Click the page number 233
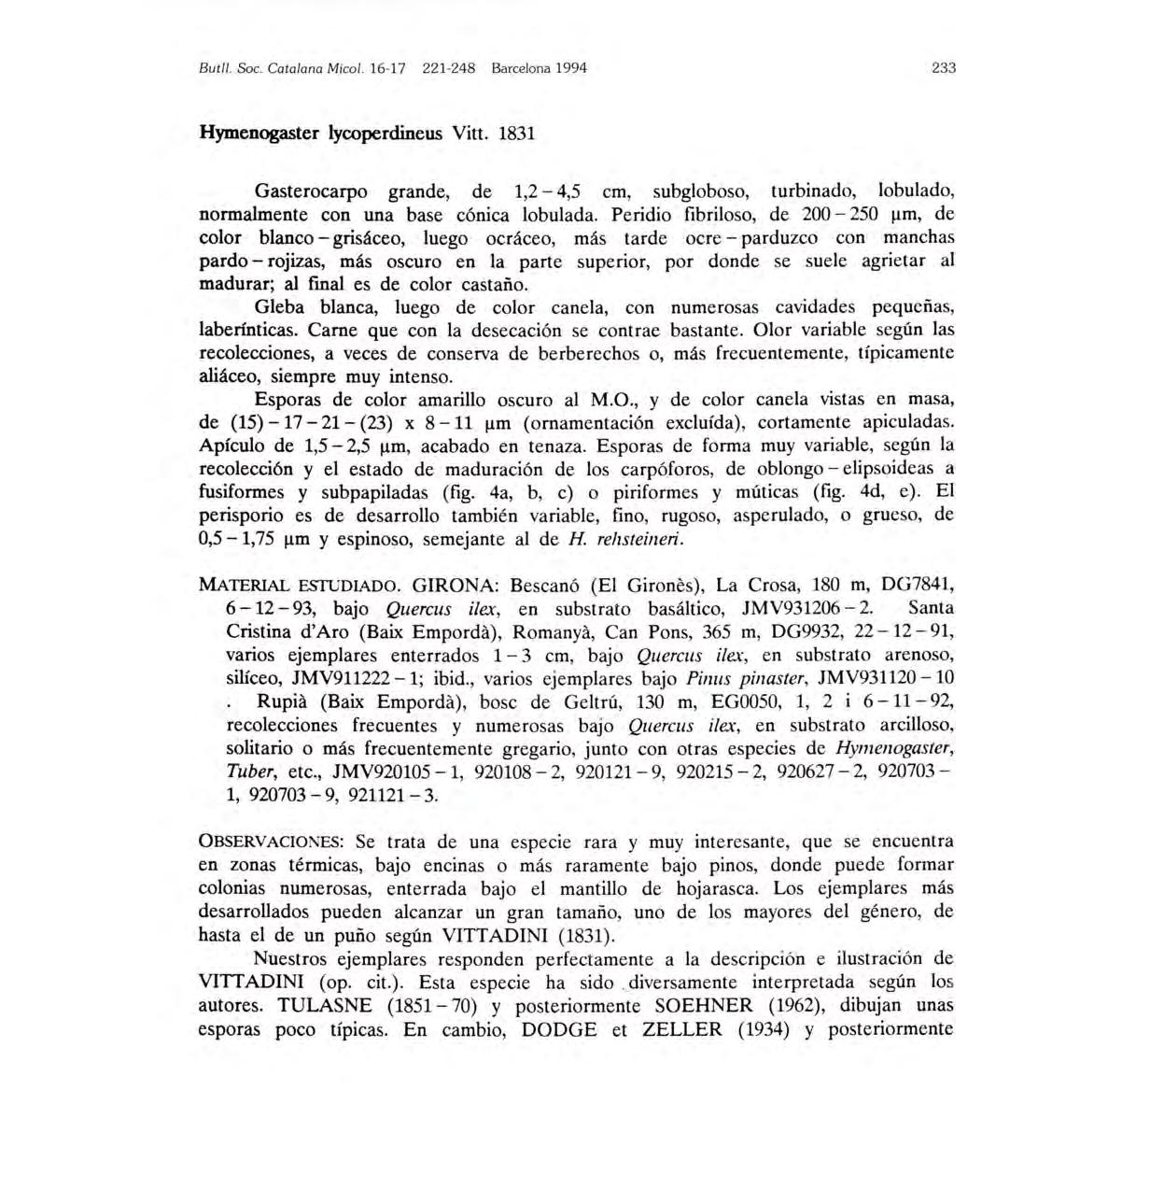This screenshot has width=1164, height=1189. (x=944, y=68)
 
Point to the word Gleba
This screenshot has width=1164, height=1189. (x=279, y=307)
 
